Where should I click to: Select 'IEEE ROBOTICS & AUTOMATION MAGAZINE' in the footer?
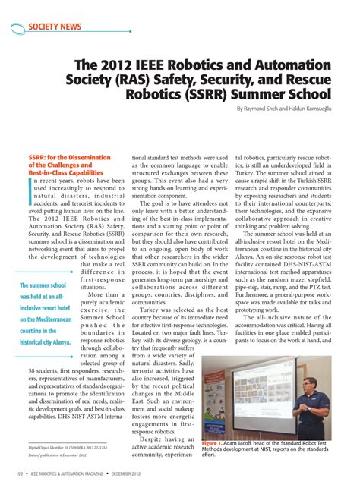coord(88,474)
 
